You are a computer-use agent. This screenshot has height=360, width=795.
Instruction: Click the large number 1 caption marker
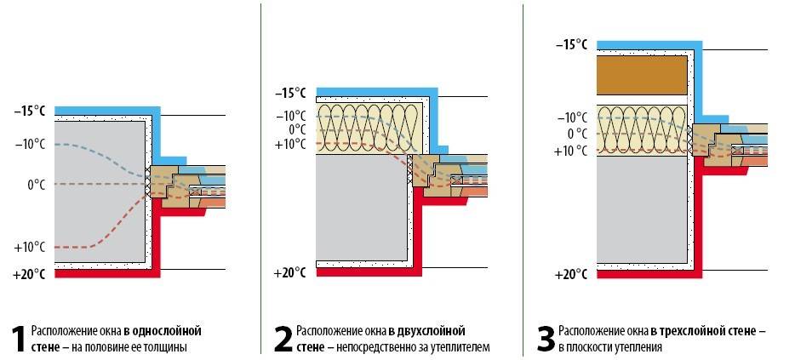(17, 338)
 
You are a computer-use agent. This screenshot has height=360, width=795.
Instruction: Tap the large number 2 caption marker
(283, 338)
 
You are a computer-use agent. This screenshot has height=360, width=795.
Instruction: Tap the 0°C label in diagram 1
(36, 184)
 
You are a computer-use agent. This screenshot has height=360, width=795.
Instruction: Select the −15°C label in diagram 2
(290, 93)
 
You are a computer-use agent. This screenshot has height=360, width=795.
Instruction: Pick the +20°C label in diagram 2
(289, 273)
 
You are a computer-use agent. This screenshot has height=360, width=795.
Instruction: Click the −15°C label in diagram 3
(570, 43)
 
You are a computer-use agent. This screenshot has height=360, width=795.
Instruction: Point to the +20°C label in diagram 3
(570, 274)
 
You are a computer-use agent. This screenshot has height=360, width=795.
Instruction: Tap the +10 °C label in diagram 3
(570, 151)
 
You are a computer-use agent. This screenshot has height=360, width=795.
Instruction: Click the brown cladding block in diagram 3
(642, 75)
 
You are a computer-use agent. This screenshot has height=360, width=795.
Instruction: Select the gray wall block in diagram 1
(98, 191)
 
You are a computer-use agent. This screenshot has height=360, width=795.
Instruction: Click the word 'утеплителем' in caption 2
(462, 347)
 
